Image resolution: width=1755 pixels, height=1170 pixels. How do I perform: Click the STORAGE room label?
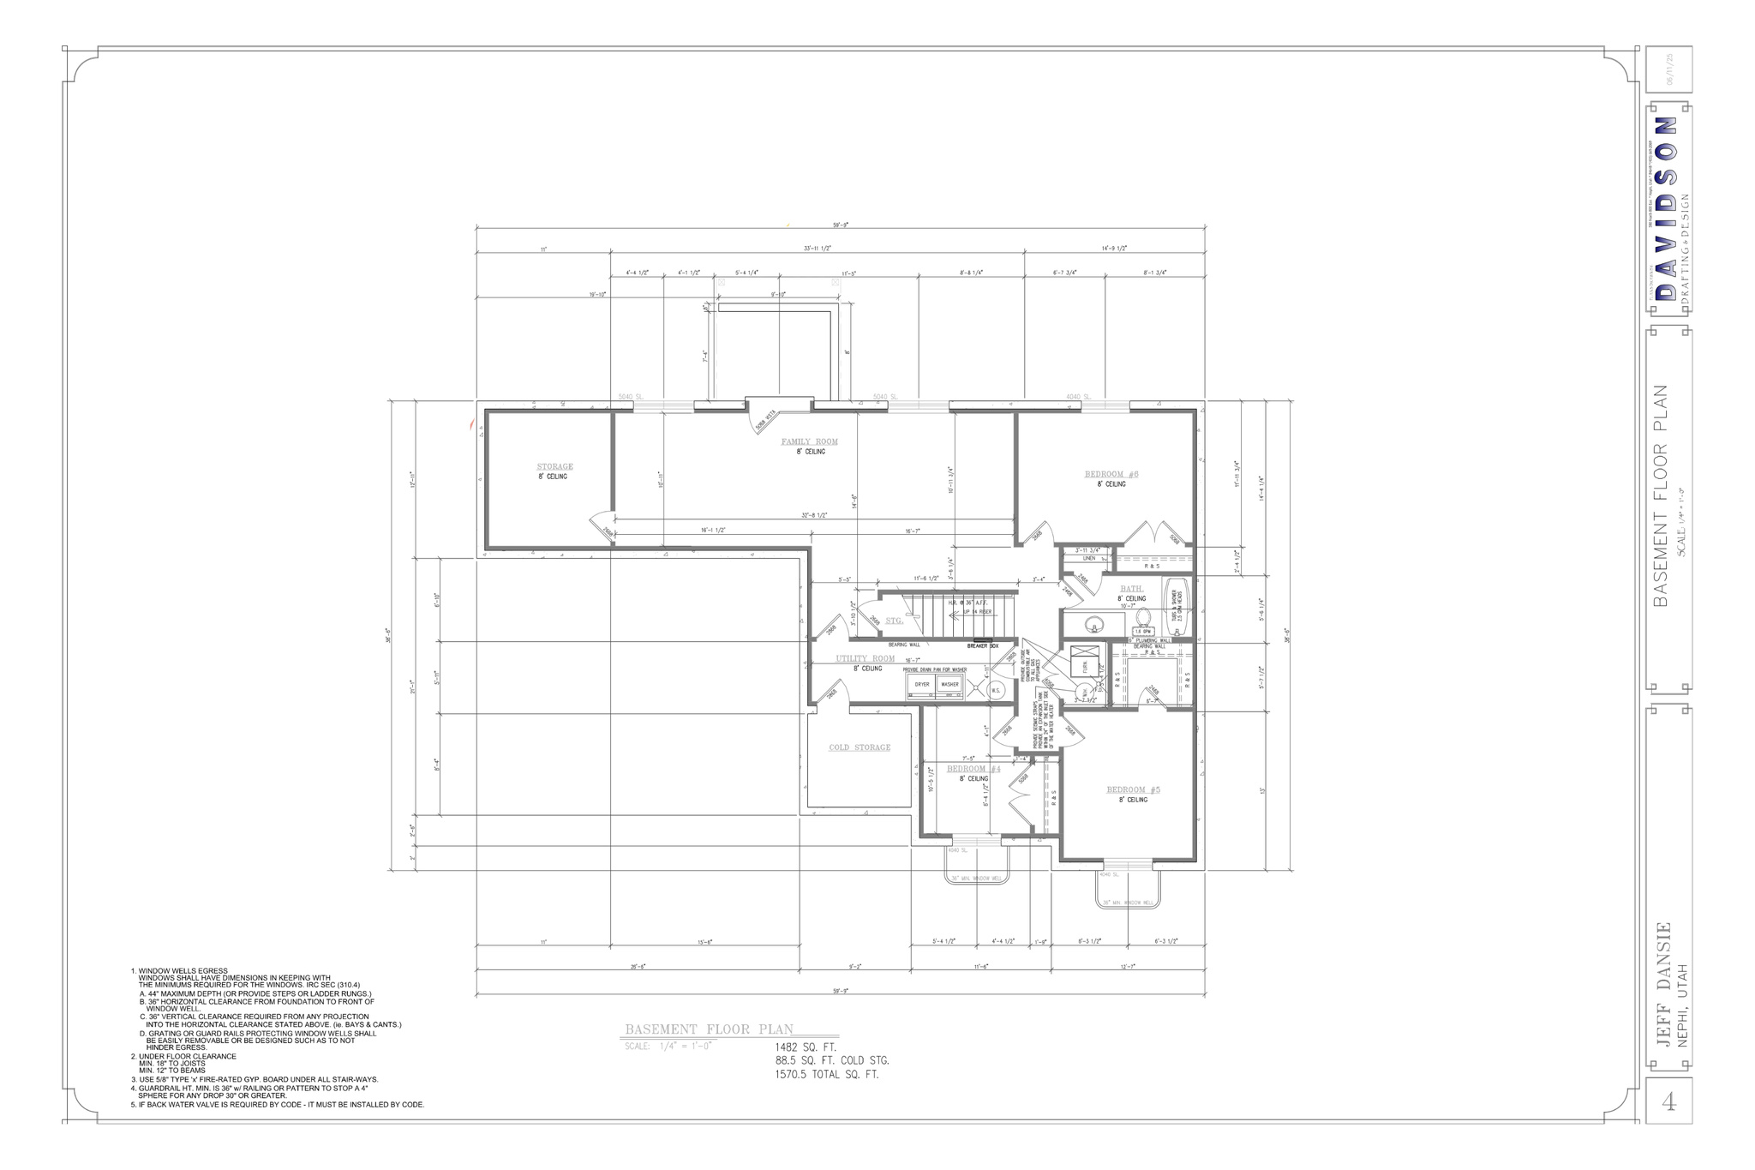(554, 466)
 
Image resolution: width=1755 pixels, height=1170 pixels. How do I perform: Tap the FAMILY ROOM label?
(809, 441)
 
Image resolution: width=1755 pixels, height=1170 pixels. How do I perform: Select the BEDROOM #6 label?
(1111, 474)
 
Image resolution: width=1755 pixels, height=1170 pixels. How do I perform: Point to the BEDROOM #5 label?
(1133, 789)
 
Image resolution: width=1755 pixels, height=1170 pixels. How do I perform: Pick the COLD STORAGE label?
(859, 747)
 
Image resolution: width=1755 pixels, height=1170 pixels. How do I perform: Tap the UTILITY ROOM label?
(865, 658)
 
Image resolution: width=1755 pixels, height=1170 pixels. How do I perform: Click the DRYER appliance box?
(922, 685)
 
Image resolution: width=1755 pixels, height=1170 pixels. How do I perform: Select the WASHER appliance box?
(949, 685)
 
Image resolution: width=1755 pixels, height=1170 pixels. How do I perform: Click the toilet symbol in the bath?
(1142, 617)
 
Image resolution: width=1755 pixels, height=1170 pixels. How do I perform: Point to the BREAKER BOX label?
(982, 645)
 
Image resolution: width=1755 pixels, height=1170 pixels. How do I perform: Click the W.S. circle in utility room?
(996, 690)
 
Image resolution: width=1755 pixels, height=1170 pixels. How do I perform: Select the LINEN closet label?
(1089, 558)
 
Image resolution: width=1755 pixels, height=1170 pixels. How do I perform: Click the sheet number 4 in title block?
(1668, 1102)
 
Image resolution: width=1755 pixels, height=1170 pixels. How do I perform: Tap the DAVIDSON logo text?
(1665, 210)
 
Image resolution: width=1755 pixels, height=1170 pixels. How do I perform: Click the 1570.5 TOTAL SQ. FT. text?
(826, 1074)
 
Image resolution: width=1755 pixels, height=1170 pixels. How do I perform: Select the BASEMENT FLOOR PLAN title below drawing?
(709, 1029)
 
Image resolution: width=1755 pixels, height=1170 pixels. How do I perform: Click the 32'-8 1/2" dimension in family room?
(814, 516)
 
